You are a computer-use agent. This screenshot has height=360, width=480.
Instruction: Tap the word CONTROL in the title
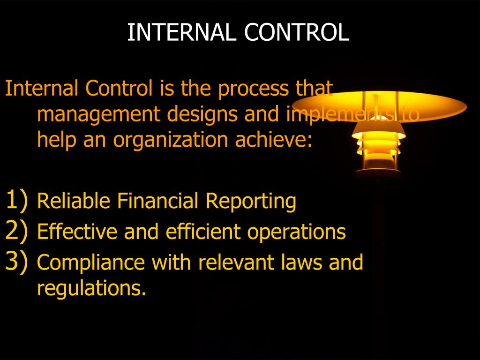[296, 32]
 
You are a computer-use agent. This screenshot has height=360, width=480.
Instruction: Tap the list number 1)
[17, 201]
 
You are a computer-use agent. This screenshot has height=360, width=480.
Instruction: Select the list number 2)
[17, 231]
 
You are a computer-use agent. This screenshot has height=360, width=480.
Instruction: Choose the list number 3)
[17, 262]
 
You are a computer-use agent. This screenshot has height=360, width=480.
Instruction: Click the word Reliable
[74, 202]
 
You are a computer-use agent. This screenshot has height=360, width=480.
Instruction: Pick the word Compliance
[90, 263]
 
